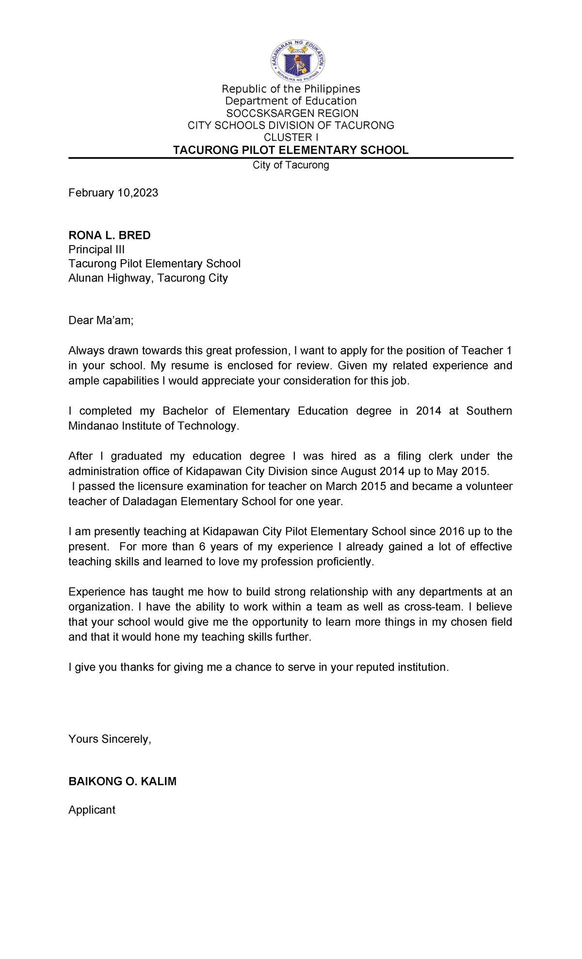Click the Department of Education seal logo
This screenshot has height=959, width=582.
(x=298, y=61)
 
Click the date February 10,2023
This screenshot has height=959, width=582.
(x=113, y=193)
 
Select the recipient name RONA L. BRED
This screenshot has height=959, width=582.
(x=109, y=235)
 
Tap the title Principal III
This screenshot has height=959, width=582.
(x=97, y=249)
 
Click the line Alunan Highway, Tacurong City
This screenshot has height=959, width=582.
(x=148, y=278)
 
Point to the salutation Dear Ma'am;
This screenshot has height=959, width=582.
(x=100, y=320)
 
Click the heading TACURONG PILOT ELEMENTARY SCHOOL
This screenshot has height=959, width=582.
(x=291, y=150)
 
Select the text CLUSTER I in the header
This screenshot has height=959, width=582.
(x=291, y=137)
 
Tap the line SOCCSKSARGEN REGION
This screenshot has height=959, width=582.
(x=292, y=113)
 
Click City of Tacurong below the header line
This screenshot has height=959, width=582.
(x=291, y=165)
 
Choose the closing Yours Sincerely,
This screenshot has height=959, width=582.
(x=110, y=739)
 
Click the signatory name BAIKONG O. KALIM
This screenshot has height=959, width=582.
(x=122, y=781)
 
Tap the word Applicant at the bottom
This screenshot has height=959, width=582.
(x=92, y=810)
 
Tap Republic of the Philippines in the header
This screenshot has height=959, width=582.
(x=291, y=89)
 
